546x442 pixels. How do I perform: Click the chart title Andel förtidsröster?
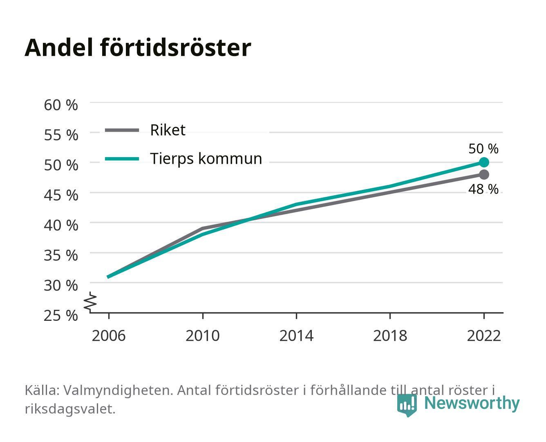[138, 48]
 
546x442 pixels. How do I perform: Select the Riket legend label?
[168, 130]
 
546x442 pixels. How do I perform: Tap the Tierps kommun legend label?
[206, 159]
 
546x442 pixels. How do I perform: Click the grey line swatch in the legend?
[122, 131]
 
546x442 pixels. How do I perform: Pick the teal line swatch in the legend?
[122, 159]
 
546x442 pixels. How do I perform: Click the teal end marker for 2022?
[484, 162]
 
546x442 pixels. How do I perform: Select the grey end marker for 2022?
[484, 175]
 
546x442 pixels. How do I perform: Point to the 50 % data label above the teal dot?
[483, 149]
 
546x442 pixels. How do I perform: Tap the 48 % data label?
[483, 189]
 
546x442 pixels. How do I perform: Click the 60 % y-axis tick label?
[61, 105]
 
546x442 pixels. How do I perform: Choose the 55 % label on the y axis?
[61, 135]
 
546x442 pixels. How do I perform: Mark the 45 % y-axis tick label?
[61, 195]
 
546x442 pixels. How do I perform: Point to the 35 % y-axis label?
[61, 255]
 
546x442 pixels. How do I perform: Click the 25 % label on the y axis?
[61, 316]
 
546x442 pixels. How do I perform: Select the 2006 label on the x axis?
[109, 336]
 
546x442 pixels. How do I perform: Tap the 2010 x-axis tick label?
[203, 336]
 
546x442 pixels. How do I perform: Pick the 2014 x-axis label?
[296, 336]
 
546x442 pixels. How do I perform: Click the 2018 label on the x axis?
[390, 336]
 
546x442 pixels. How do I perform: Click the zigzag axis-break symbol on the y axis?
[90, 302]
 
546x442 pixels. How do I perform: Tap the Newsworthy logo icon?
[407, 405]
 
